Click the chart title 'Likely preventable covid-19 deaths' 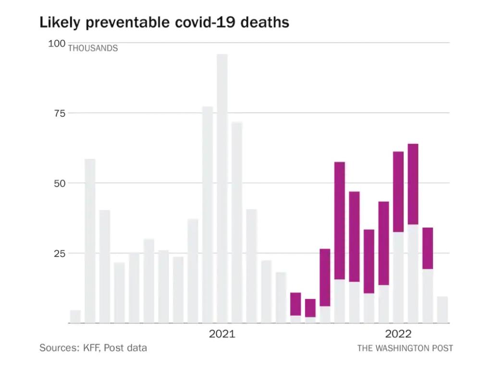point(164,22)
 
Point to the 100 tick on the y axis point(57,44)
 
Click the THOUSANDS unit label point(93,48)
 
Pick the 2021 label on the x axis point(222,334)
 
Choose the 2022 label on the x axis point(398,334)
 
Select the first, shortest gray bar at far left point(75,317)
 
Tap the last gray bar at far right point(443,310)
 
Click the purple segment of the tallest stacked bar point(413,184)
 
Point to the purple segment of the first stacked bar point(295,304)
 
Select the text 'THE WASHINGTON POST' point(405,348)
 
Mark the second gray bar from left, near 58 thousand point(90,241)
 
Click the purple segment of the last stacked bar point(428,248)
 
